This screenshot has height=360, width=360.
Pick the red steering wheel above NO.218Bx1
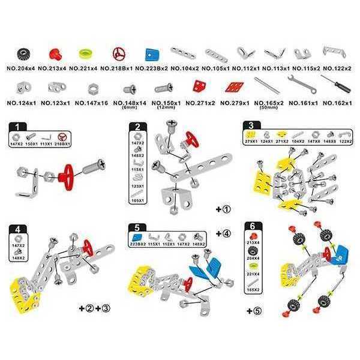tap(119, 54)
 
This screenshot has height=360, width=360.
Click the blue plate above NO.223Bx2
tap(152, 54)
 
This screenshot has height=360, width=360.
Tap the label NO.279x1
tap(235, 103)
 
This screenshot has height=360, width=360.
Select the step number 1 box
tap(20, 127)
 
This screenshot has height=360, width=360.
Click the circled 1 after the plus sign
tap(227, 211)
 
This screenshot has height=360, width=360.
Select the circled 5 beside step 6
tap(259, 311)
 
